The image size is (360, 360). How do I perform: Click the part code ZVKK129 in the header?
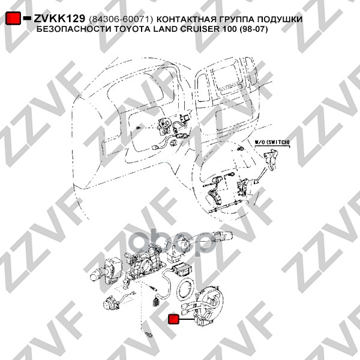click(x=59, y=19)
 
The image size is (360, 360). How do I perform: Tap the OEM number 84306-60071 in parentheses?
click(x=121, y=20)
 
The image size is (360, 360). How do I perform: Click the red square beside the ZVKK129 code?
click(x=13, y=18)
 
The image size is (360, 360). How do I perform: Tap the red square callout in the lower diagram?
click(x=173, y=319)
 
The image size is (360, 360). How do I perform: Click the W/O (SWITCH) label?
click(x=272, y=142)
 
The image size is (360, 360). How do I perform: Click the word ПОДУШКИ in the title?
click(x=280, y=20)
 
